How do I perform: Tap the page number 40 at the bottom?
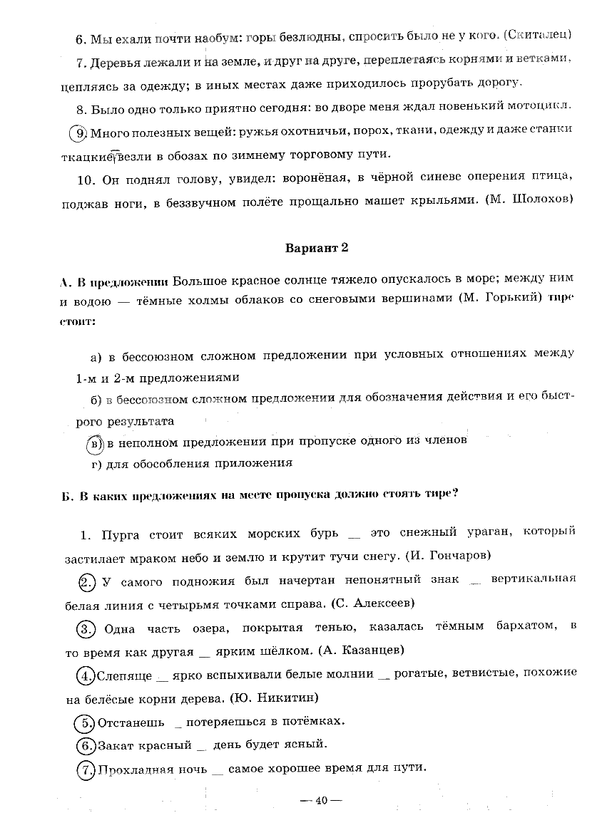[320, 800]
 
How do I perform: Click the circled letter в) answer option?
[95, 442]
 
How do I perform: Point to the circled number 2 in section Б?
[86, 582]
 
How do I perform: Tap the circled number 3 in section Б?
[86, 628]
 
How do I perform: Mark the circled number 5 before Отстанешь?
[85, 722]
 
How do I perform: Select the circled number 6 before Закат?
[85, 746]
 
